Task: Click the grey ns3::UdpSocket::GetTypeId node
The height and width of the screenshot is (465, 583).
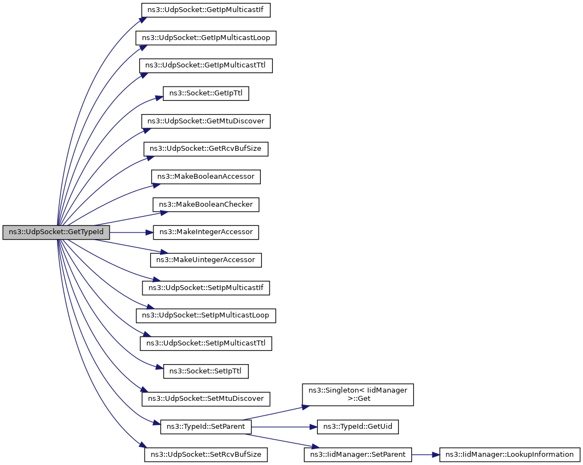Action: tap(56, 232)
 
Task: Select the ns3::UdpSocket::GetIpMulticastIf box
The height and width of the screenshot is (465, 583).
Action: tap(205, 10)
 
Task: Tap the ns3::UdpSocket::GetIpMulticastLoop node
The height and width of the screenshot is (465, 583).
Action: tap(205, 38)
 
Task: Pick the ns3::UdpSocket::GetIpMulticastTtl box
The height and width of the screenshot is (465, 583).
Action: tap(205, 65)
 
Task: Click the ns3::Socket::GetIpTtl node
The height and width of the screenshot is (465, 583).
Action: tap(205, 93)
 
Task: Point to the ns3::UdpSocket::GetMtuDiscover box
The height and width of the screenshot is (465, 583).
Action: tap(205, 121)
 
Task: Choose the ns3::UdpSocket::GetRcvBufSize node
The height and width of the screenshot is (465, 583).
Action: tap(205, 149)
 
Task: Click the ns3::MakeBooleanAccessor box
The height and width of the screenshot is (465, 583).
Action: tap(205, 177)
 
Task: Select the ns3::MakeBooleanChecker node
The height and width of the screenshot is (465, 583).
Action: tap(205, 205)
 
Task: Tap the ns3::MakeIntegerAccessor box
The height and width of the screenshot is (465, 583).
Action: tap(205, 232)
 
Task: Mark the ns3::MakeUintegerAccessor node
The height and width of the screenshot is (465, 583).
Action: tap(205, 260)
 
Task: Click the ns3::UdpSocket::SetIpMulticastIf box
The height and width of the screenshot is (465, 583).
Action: tap(205, 288)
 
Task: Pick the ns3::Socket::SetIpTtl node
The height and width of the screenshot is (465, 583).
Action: tap(205, 371)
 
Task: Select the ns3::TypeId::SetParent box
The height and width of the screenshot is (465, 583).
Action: tap(205, 427)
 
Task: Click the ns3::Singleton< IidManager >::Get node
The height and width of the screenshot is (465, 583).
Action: tap(358, 395)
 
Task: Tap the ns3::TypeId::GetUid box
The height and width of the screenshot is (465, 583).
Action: tap(358, 427)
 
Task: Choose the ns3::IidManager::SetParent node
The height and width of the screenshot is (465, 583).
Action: tap(358, 455)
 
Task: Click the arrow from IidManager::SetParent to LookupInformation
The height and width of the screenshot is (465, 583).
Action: tap(425, 455)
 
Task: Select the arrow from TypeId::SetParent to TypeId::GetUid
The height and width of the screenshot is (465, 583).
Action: tap(284, 427)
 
